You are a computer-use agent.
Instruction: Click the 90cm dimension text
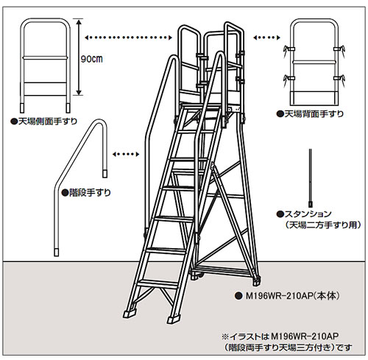91,59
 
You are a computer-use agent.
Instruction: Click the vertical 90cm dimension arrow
79,57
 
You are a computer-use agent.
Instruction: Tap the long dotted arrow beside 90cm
128,38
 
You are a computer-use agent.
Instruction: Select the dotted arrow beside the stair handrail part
126,154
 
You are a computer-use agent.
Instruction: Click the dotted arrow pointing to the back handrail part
266,38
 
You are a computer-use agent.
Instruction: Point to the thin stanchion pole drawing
310,177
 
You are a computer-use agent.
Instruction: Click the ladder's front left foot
130,314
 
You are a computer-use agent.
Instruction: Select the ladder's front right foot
174,320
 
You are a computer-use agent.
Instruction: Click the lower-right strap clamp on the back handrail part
340,79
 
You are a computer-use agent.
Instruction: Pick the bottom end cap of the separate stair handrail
57,253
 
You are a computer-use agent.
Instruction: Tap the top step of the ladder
200,106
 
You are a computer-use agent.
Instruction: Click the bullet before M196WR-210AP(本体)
237,296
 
